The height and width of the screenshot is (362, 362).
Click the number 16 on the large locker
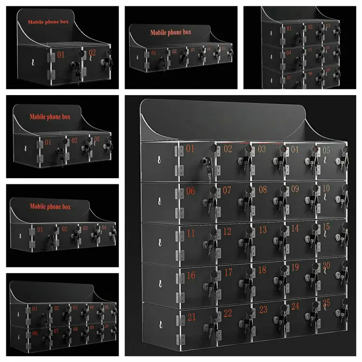[x=191, y=275]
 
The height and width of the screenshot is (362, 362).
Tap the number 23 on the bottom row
[x=263, y=309]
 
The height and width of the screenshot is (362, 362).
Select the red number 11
[x=191, y=233]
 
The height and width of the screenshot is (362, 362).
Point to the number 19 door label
[x=295, y=267]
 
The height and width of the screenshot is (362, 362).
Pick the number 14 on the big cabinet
[x=295, y=228]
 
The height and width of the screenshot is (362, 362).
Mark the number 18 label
[x=262, y=270]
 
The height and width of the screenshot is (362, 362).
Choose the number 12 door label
[x=227, y=232]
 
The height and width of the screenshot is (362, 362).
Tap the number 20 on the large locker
[x=326, y=265]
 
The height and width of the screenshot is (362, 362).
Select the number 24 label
[x=295, y=306]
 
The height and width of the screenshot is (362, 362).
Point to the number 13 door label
[x=262, y=230]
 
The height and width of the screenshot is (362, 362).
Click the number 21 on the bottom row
[x=192, y=317]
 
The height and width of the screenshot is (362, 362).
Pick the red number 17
[x=227, y=273]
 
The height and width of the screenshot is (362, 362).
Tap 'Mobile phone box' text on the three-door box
[x=50, y=116]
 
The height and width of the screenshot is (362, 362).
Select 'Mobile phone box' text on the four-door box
[x=51, y=206]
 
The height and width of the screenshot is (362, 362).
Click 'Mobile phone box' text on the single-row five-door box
[x=171, y=33]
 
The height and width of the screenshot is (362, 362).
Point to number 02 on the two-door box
[x=92, y=53]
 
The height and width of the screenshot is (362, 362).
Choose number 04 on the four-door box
[x=104, y=227]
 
